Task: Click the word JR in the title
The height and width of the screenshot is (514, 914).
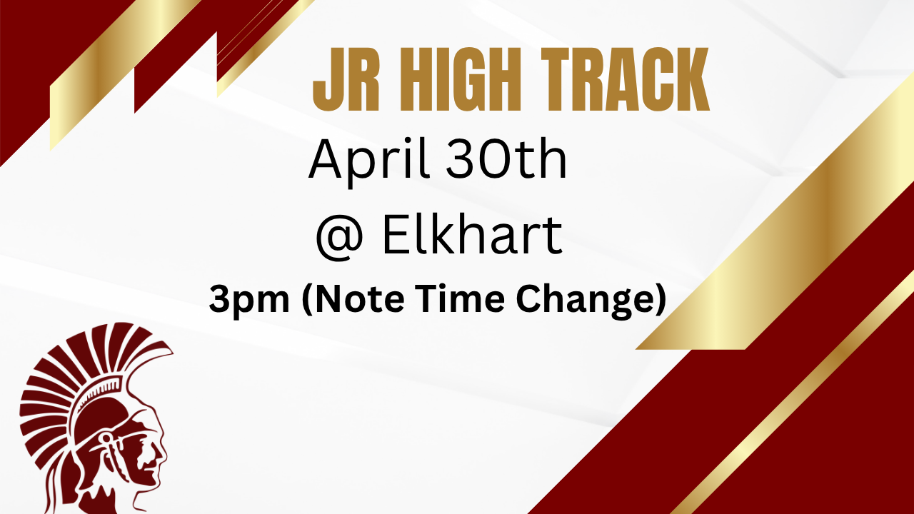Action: tap(346, 79)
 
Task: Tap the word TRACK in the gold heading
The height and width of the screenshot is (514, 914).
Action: tap(625, 79)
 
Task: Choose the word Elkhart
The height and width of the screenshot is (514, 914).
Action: tap(473, 235)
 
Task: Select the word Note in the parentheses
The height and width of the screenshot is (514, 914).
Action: tap(353, 299)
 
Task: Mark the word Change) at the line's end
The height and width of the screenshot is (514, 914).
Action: tap(591, 300)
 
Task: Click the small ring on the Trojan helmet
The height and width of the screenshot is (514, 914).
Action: tap(107, 439)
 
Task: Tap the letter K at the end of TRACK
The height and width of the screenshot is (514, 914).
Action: tap(689, 79)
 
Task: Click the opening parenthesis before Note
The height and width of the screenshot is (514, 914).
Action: tap(307, 300)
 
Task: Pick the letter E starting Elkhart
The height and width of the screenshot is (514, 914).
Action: tap(396, 235)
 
